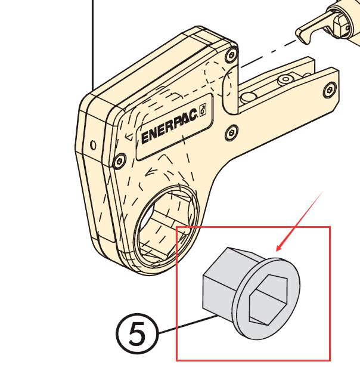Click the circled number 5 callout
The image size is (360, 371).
click(136, 333)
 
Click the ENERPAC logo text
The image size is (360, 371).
click(169, 126)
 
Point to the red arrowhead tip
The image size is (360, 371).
click(277, 251)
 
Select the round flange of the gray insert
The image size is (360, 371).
click(266, 299)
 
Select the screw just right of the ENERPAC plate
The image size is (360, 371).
click(231, 133)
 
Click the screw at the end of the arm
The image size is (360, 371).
click(330, 90)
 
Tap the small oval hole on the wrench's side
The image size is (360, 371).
click(94, 145)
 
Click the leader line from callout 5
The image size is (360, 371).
click(188, 324)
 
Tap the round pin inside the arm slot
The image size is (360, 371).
click(248, 97)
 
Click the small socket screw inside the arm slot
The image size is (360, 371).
click(286, 79)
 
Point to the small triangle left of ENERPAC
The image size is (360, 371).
click(129, 137)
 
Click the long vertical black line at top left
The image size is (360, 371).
click(92, 45)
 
